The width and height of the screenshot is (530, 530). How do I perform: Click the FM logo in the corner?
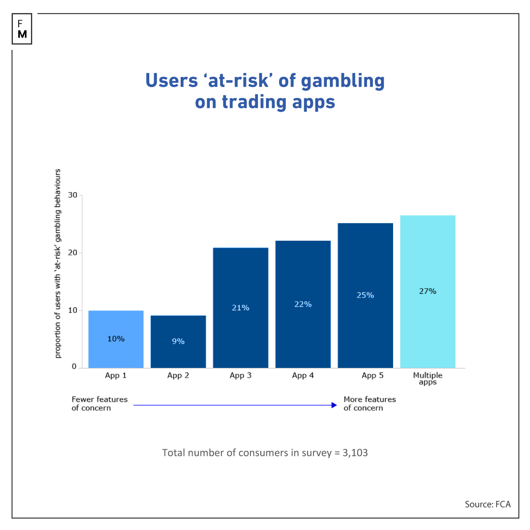click(x=22, y=29)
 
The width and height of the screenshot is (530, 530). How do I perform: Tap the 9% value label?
click(x=178, y=341)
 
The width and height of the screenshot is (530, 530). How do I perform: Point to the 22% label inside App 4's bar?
click(x=303, y=304)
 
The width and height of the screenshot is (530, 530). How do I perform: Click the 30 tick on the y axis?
click(x=72, y=195)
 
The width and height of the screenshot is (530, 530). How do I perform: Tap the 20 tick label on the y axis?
click(x=72, y=253)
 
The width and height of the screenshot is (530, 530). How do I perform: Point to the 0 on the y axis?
click(x=74, y=367)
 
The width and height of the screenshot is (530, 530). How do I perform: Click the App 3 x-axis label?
click(x=240, y=375)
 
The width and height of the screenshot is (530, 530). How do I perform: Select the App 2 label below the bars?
click(x=178, y=375)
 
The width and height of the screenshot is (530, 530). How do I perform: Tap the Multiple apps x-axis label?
click(x=428, y=378)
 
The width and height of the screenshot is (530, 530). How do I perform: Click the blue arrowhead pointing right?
click(x=334, y=405)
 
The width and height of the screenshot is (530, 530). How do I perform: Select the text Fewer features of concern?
click(x=99, y=404)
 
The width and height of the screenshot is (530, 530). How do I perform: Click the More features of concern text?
click(x=370, y=404)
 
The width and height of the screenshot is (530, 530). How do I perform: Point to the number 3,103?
click(x=355, y=453)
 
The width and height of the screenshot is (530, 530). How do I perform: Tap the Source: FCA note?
click(x=488, y=504)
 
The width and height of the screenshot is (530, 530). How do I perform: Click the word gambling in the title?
click(x=343, y=81)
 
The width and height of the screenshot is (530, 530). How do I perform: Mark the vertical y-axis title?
click(x=58, y=263)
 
